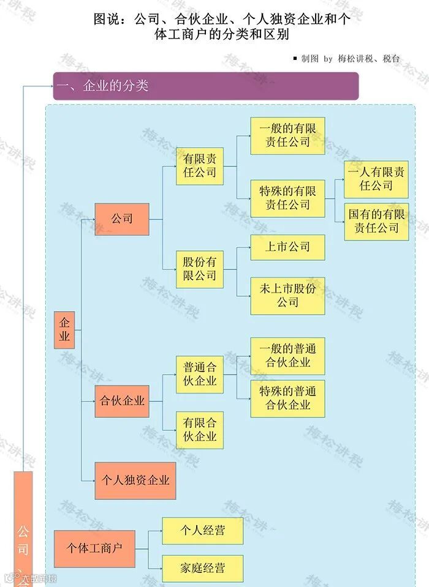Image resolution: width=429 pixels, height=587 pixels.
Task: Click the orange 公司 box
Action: (122, 219)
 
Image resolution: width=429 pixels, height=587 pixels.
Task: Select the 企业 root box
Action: (64, 330)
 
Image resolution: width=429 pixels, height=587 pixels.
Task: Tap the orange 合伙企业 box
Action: (122, 402)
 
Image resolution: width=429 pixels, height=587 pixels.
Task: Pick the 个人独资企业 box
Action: (135, 480)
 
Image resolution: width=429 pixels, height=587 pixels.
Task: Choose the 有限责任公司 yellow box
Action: (199, 166)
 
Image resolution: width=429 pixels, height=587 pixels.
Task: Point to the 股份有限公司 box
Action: (199, 269)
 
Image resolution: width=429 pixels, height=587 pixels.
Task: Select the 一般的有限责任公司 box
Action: (287, 136)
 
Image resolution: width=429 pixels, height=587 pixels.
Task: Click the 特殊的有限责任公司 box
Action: (287, 198)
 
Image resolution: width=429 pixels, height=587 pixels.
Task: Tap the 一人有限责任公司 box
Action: (376, 179)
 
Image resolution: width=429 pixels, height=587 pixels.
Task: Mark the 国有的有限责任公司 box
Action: (376, 222)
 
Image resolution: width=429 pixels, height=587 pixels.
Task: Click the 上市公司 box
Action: (287, 247)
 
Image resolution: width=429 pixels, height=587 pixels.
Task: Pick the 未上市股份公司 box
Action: (287, 296)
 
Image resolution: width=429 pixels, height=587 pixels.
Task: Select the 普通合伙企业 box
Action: (199, 374)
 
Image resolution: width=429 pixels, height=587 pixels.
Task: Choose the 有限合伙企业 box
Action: (199, 430)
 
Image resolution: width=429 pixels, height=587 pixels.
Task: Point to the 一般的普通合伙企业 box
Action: (287, 356)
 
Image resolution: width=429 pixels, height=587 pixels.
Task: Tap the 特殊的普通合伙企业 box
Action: (287, 398)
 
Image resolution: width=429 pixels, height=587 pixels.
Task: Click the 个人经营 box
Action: (202, 531)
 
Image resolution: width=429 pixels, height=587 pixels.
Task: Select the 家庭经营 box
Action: (202, 569)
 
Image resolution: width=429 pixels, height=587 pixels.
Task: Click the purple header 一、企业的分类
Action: (205, 86)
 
